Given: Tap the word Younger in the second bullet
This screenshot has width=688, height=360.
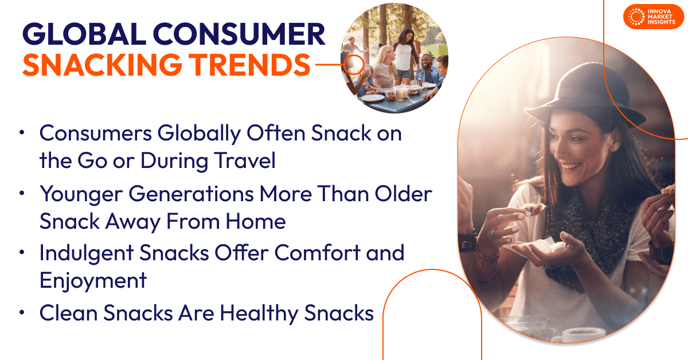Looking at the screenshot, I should (x=80, y=194).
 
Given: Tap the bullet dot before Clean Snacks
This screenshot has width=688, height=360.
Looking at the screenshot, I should (x=22, y=313).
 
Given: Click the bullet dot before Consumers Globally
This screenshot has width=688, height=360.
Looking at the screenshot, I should (x=22, y=132).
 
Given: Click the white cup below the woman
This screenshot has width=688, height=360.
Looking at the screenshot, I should (x=573, y=335).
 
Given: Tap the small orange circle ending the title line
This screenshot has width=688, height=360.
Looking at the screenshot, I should (x=357, y=64).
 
